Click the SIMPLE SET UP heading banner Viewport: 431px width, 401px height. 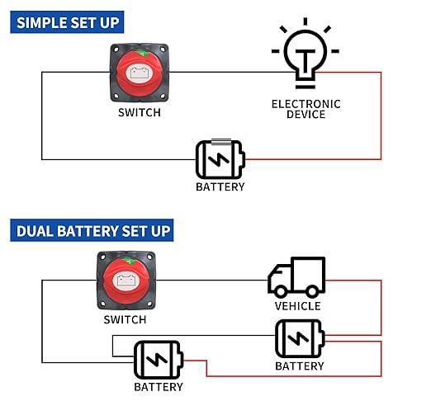(67, 22)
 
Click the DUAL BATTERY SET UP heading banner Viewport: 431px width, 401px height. (92, 230)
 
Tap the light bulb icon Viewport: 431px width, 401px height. (305, 54)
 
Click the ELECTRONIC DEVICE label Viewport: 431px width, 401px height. (305, 109)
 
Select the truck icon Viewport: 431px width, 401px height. (296, 277)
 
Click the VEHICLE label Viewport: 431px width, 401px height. (297, 306)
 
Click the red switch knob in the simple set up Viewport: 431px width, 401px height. (140, 73)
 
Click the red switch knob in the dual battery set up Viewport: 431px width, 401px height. (126, 281)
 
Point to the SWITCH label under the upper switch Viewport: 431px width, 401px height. (140, 112)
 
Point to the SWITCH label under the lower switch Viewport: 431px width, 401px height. (125, 319)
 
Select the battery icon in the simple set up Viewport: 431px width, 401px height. (220, 159)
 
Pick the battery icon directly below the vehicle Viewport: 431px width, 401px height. (300, 339)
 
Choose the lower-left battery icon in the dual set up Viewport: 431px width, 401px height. (159, 360)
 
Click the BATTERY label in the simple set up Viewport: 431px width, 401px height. (220, 187)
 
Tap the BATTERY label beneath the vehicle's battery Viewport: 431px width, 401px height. (300, 366)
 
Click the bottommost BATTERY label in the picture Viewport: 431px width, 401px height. (159, 387)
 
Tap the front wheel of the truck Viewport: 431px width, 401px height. (281, 291)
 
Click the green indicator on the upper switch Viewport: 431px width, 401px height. (141, 54)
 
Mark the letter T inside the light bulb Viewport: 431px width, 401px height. (305, 61)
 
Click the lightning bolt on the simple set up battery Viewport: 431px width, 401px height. (219, 159)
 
